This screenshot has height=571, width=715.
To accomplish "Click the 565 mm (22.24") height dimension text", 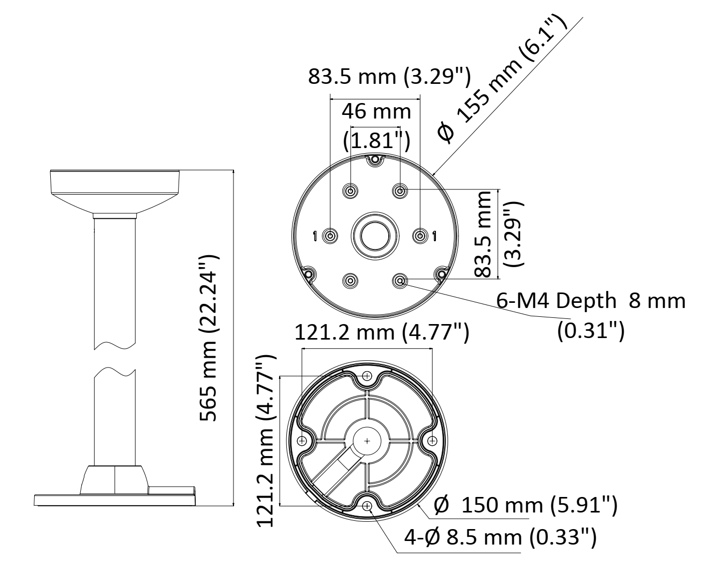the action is point(208,338).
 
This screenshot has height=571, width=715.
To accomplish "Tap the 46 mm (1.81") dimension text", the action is point(376,126).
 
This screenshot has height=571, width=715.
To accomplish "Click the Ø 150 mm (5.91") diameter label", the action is point(526,505).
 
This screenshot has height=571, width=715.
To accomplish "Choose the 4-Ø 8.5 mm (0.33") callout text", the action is point(500,537).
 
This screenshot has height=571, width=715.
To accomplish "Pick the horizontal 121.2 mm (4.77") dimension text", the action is point(382,332).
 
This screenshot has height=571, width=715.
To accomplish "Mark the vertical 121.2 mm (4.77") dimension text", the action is point(266,441).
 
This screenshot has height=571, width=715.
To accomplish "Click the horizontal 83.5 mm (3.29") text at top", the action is point(389,77).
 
